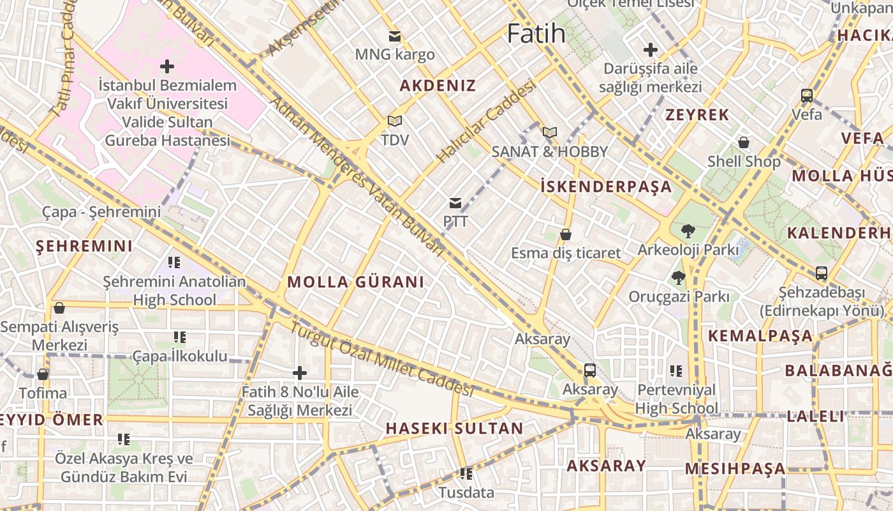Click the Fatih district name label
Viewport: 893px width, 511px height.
pyautogui.click(x=536, y=33)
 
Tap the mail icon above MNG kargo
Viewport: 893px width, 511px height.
pyautogui.click(x=395, y=36)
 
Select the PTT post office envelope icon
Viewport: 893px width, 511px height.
pyautogui.click(x=455, y=204)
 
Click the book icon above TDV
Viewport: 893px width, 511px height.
pyautogui.click(x=395, y=121)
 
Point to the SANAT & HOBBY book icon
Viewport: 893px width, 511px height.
pyautogui.click(x=549, y=133)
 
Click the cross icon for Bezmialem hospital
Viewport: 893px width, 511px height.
pyautogui.click(x=166, y=66)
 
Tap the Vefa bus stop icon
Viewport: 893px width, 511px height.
pyautogui.click(x=807, y=96)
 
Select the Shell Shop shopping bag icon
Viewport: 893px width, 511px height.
pyautogui.click(x=743, y=142)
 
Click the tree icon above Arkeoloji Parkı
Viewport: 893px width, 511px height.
pyautogui.click(x=688, y=231)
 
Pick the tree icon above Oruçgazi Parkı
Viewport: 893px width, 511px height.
pyautogui.click(x=678, y=278)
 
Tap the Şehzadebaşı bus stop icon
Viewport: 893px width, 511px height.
pyautogui.click(x=821, y=273)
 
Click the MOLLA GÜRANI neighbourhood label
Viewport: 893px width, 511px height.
pyautogui.click(x=355, y=282)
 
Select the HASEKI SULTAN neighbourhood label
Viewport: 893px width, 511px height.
pyautogui.click(x=454, y=429)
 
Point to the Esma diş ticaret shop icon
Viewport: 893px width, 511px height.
pyautogui.click(x=565, y=235)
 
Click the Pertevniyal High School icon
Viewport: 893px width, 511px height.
pyautogui.click(x=676, y=371)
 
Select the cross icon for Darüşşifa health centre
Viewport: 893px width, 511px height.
pyautogui.click(x=650, y=50)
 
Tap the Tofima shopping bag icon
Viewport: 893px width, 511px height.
pyautogui.click(x=43, y=374)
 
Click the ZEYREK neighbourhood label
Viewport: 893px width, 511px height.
pyautogui.click(x=697, y=115)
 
